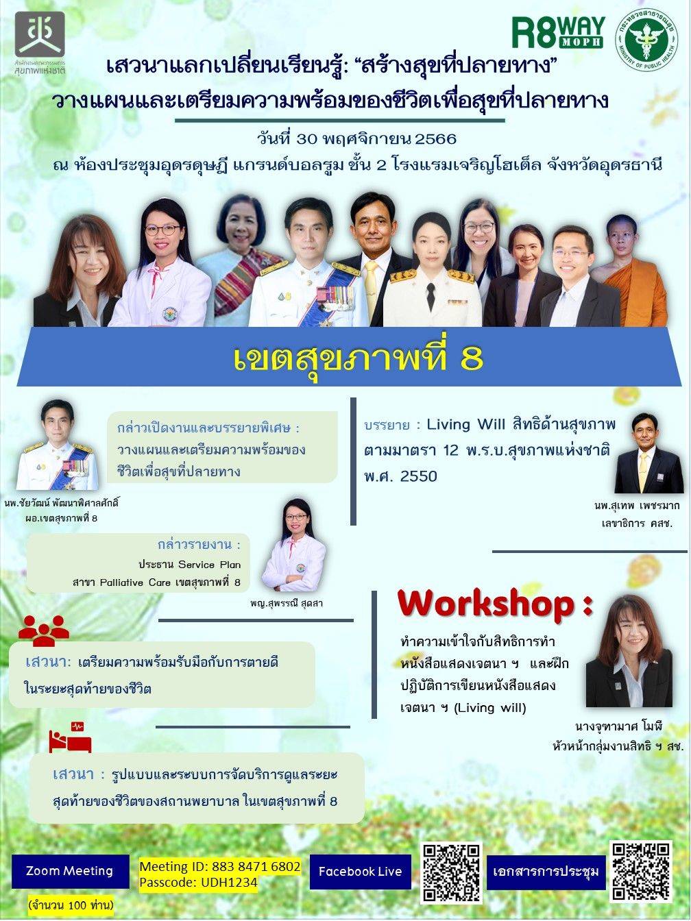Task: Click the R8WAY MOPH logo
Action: pos(559,32)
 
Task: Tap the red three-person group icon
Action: pos(44,631)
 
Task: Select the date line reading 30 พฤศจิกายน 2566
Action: pos(356,139)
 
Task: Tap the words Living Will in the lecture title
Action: pos(467,425)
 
